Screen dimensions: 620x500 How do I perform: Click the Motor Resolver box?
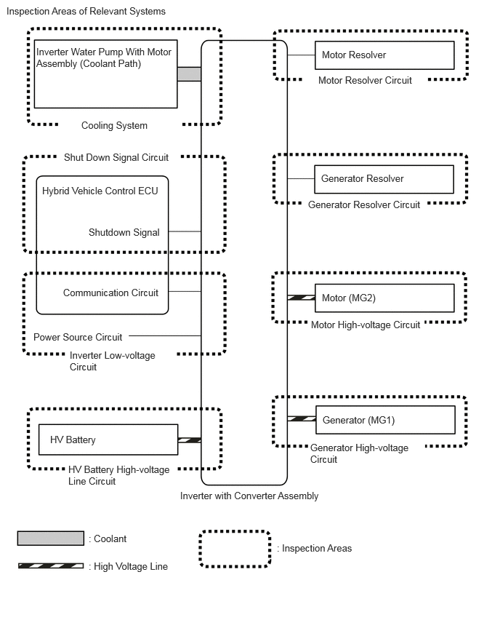pyautogui.click(x=384, y=55)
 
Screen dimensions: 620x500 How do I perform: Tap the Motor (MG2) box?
pyautogui.click(x=384, y=298)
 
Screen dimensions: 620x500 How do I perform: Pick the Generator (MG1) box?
pyautogui.click(x=385, y=420)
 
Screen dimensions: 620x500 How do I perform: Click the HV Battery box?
pyautogui.click(x=108, y=440)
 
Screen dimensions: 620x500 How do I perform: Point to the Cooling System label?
pyautogui.click(x=114, y=126)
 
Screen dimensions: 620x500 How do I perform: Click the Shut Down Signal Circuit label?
pyautogui.click(x=116, y=157)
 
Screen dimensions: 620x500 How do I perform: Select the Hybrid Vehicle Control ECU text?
pyautogui.click(x=100, y=191)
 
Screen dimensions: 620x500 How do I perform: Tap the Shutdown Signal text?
pyautogui.click(x=124, y=233)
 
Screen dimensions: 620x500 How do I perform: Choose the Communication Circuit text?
pyautogui.click(x=110, y=293)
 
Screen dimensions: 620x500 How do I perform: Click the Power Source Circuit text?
pyautogui.click(x=78, y=337)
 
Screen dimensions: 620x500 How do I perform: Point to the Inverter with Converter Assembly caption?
pyautogui.click(x=249, y=496)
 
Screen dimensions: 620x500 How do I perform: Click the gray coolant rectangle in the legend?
pyautogui.click(x=51, y=538)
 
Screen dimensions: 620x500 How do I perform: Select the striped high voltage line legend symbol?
pyautogui.click(x=51, y=565)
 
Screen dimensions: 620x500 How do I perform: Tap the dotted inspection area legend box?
pyautogui.click(x=235, y=549)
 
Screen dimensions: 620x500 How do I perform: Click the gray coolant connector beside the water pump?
pyautogui.click(x=189, y=74)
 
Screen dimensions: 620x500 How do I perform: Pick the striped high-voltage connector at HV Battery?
pyautogui.click(x=190, y=440)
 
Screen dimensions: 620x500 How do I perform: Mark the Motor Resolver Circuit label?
pyautogui.click(x=365, y=81)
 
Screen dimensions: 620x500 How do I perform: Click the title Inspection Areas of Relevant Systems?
pyautogui.click(x=86, y=12)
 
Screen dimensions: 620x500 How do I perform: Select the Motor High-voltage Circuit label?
pyautogui.click(x=366, y=325)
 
